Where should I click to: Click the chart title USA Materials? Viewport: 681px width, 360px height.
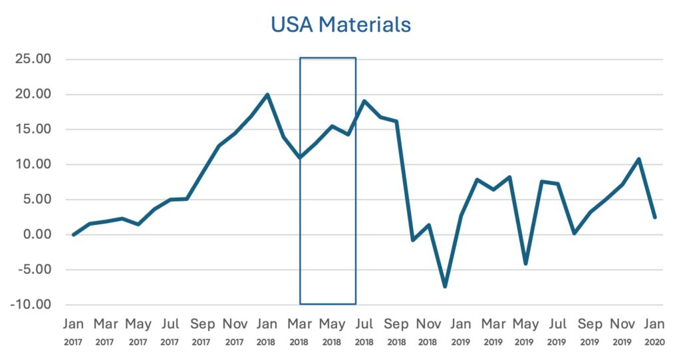pyautogui.click(x=340, y=25)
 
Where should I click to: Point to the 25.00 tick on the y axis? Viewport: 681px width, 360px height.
pyautogui.click(x=33, y=60)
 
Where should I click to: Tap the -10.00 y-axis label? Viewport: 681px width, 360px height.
pyautogui.click(x=32, y=305)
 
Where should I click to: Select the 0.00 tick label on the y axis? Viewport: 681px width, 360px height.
pyautogui.click(x=36, y=235)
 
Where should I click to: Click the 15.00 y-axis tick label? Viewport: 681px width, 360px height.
pyautogui.click(x=33, y=130)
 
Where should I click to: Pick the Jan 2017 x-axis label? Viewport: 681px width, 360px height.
pyautogui.click(x=73, y=331)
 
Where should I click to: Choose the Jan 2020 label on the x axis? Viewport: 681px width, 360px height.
pyautogui.click(x=654, y=331)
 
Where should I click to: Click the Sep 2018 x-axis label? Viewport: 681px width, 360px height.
pyautogui.click(x=396, y=331)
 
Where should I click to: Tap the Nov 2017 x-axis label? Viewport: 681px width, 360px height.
pyautogui.click(x=235, y=331)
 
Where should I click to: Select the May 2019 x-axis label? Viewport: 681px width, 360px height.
pyautogui.click(x=525, y=331)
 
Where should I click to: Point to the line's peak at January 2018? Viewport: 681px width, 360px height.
pyautogui.click(x=267, y=94)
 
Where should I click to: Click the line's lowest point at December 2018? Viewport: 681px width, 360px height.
pyautogui.click(x=444, y=287)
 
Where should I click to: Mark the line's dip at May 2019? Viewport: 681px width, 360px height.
pyautogui.click(x=525, y=264)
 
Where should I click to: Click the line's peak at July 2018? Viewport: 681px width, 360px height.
pyautogui.click(x=364, y=101)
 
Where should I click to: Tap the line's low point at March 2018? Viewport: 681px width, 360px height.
pyautogui.click(x=300, y=158)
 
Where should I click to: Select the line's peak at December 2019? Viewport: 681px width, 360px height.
pyautogui.click(x=638, y=159)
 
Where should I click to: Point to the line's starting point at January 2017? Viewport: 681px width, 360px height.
pyautogui.click(x=73, y=235)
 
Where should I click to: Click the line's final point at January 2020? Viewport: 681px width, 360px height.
pyautogui.click(x=654, y=217)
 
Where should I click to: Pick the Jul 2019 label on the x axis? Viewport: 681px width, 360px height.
pyautogui.click(x=558, y=331)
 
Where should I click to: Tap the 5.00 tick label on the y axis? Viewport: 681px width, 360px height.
pyautogui.click(x=36, y=200)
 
